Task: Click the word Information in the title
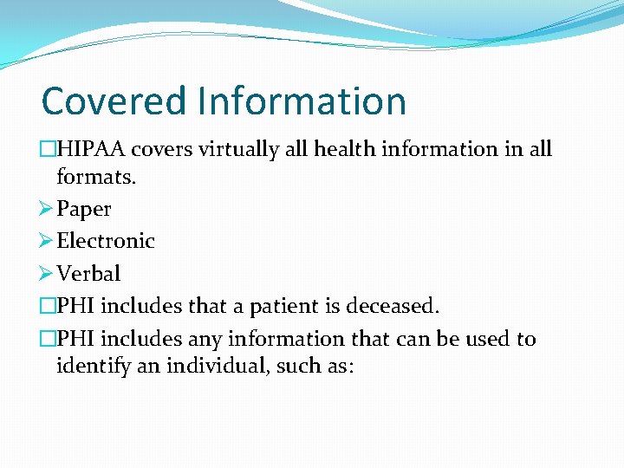click(302, 101)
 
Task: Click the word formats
click(97, 178)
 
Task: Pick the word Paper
click(84, 210)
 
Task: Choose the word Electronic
click(106, 241)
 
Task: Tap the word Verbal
click(88, 274)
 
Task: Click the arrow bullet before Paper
click(47, 209)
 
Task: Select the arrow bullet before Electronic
click(47, 240)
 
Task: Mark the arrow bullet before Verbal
click(47, 273)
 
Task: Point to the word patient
click(289, 307)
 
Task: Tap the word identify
click(92, 366)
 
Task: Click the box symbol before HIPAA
click(49, 149)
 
